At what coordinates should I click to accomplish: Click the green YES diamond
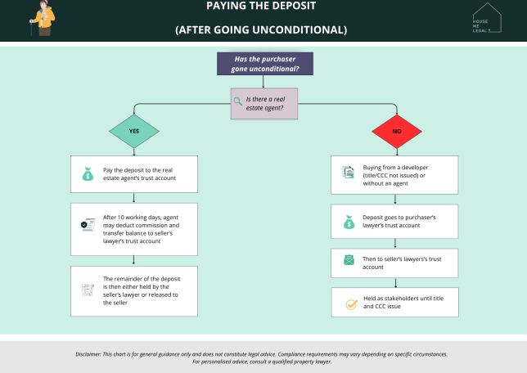pos(134,131)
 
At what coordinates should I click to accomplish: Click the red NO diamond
pos(397,131)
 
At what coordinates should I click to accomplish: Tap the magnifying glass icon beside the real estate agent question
pos(237,101)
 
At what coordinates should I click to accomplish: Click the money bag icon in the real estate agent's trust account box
pos(88,173)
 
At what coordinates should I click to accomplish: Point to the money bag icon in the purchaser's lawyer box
pos(349,222)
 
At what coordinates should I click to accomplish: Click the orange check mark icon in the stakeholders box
pos(351,303)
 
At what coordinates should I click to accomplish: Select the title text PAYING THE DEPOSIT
pos(261,7)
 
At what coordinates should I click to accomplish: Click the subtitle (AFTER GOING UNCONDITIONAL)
pos(261,30)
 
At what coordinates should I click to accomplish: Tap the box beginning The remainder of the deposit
pos(134,290)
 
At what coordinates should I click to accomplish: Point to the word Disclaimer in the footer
pos(92,354)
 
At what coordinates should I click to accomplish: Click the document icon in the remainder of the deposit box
pos(88,290)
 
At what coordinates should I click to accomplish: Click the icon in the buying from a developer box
pos(348,173)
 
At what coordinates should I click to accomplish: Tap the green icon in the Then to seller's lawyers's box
pos(349,261)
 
